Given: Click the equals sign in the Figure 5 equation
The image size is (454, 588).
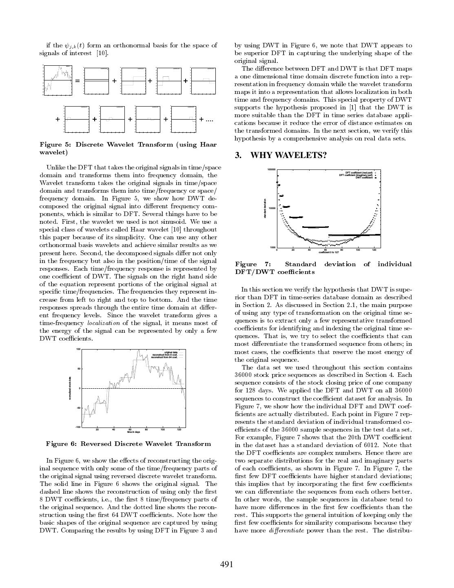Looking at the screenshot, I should click(x=77, y=81).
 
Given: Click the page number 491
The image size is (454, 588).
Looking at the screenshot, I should click(x=227, y=564).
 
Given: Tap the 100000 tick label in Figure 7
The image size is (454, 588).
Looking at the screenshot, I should click(x=272, y=169).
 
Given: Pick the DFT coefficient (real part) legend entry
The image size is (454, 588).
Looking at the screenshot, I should click(x=359, y=172).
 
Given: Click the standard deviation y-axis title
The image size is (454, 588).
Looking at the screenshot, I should click(x=266, y=208).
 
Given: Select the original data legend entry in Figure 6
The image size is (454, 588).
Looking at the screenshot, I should click(x=171, y=352).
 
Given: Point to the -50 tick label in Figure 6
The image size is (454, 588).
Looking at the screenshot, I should click(x=78, y=408).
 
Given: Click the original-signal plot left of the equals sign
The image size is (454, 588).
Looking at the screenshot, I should click(x=57, y=81).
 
